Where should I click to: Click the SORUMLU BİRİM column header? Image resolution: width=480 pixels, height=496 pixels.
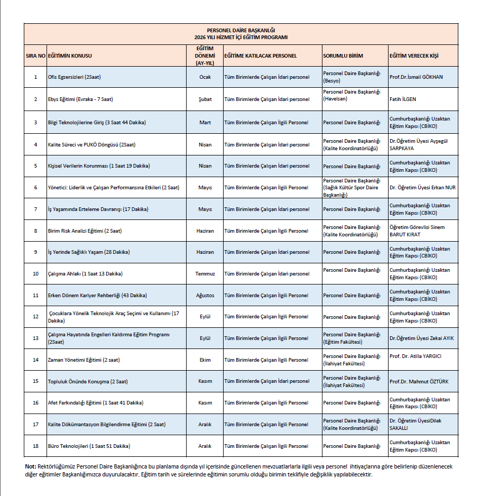[343, 56]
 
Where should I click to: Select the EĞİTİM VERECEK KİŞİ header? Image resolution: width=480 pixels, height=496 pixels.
[414, 56]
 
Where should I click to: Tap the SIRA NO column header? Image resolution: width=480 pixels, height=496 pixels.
[35, 56]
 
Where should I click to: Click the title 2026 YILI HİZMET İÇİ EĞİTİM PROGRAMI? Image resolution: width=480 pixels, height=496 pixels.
[241, 38]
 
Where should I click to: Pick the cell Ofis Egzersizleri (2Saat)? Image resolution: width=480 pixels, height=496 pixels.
[74, 77]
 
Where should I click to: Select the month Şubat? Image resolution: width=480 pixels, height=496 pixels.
[205, 99]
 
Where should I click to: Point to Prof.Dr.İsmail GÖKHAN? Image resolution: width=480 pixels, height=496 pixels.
[416, 77]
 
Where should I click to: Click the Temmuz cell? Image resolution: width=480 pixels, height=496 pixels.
[205, 274]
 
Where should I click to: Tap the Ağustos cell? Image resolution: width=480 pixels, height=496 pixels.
[205, 295]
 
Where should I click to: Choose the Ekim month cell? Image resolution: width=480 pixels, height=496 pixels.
[205, 360]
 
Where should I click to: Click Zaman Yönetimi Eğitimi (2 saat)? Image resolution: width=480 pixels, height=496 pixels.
[84, 360]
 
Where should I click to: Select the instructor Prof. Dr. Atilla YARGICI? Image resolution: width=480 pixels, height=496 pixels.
[415, 356]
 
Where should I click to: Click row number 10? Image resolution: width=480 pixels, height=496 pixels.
[35, 274]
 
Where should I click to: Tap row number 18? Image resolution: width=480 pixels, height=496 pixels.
[35, 446]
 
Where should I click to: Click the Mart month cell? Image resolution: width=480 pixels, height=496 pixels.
[205, 123]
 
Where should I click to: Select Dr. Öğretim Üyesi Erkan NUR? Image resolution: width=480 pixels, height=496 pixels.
[422, 188]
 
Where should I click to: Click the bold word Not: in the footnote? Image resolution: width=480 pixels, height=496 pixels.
[30, 467]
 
